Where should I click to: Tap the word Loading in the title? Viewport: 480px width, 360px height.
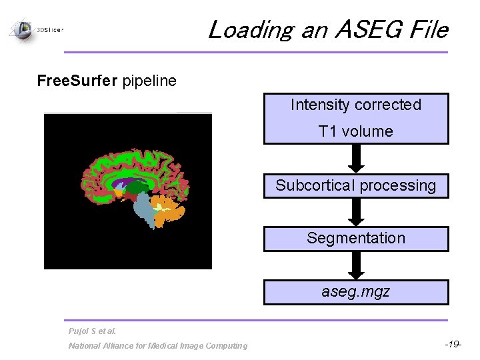(249, 30)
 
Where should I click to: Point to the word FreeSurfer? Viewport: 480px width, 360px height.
(77, 81)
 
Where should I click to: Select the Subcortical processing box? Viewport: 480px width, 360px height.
(356, 186)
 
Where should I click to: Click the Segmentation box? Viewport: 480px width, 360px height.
(356, 239)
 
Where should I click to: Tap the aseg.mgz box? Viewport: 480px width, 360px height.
(356, 292)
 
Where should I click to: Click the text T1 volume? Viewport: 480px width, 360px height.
(356, 131)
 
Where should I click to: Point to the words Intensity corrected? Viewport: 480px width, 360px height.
(356, 105)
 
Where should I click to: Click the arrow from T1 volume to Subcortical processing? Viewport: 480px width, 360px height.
(357, 159)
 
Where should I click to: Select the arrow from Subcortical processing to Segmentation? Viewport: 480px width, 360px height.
(357, 212)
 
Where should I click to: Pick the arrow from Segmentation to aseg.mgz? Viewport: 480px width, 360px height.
(357, 265)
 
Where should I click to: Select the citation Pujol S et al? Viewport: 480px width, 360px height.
(92, 331)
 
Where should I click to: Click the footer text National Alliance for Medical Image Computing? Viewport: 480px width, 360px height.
(157, 345)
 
